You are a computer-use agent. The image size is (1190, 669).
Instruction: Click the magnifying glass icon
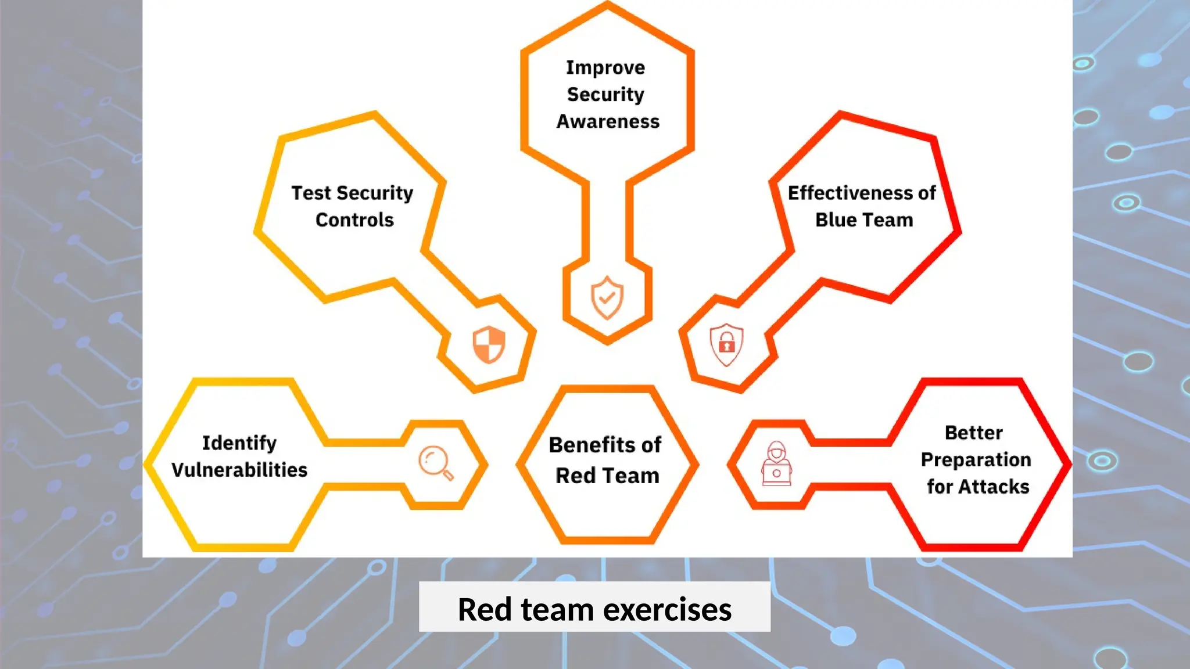[435, 463]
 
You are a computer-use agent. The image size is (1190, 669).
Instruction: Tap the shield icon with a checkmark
[607, 297]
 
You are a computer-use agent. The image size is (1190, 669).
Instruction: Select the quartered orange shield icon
[489, 344]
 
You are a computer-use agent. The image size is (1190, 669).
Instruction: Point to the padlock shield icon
[726, 344]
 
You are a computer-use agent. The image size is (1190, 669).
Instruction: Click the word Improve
[605, 68]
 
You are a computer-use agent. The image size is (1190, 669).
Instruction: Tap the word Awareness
[608, 121]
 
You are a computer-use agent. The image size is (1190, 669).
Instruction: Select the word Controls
[354, 220]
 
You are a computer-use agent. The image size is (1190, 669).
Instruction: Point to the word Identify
[239, 443]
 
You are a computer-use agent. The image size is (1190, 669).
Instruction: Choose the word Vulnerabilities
[239, 470]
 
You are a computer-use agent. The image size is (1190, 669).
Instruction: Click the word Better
[974, 433]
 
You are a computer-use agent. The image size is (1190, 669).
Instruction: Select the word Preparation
[976, 460]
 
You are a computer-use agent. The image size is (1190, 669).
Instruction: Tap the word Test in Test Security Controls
[311, 193]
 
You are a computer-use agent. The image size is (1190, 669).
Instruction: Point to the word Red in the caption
[484, 610]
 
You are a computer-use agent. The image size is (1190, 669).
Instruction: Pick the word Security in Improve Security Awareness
[605, 95]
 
